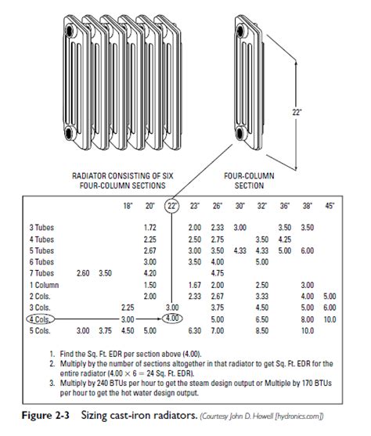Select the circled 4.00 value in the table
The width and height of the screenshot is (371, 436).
[x=173, y=319]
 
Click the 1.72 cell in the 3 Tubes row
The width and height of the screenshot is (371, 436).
[x=152, y=226]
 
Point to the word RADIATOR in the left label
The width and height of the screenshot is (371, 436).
[x=87, y=177]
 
